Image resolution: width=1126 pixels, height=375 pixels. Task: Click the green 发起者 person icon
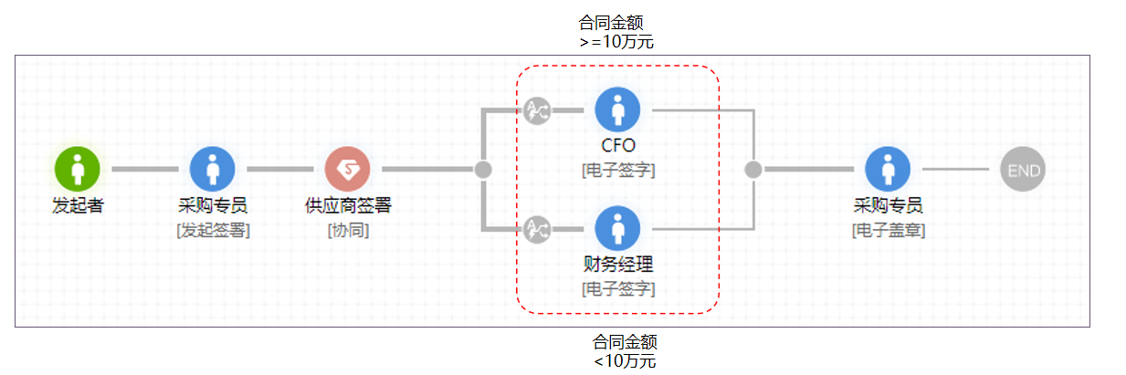coord(78,169)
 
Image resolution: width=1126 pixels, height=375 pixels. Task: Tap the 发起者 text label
coord(78,205)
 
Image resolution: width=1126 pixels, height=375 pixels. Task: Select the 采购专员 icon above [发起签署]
coord(213,169)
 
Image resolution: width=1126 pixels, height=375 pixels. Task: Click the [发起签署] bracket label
coord(213,230)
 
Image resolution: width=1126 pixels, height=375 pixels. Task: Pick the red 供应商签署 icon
coord(348,169)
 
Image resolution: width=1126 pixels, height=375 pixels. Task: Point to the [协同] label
coord(348,230)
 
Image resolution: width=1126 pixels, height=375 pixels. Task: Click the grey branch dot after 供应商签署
coord(484,169)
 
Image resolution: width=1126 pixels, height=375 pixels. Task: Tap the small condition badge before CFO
coord(538,110)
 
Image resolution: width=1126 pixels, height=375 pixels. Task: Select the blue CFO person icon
coord(618,109)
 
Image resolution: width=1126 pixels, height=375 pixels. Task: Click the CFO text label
coord(618,145)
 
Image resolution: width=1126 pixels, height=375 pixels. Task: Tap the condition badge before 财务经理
coord(538,229)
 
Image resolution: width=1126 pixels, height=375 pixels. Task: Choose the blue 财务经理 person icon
coord(618,228)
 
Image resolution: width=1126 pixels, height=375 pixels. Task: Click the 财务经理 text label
coord(618,266)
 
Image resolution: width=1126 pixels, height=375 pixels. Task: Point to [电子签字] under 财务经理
coord(618,289)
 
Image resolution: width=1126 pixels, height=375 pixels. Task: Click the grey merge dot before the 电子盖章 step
coord(753,169)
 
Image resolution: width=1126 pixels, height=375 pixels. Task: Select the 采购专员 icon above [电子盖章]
coord(888,169)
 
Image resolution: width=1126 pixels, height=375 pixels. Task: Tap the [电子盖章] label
coord(888,230)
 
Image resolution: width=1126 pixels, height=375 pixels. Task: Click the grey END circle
coord(1022,170)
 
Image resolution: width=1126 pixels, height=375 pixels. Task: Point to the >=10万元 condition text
coord(616,41)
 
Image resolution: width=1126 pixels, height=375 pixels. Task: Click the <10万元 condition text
coord(625,360)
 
